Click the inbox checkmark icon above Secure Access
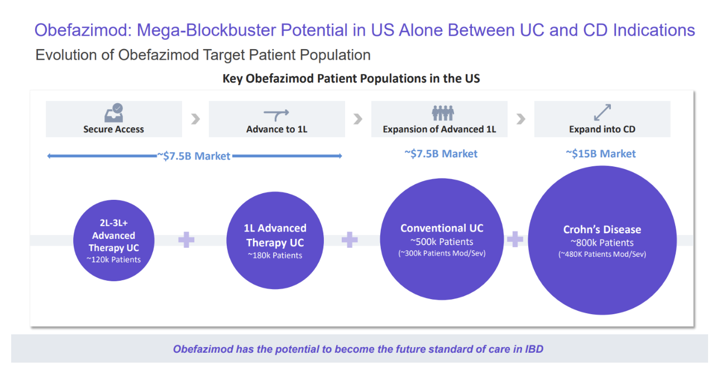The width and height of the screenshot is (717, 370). [114, 113]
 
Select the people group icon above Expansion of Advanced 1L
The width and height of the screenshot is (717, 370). [443, 113]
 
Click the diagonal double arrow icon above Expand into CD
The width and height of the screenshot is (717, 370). [602, 112]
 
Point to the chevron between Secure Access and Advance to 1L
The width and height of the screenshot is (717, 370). [195, 119]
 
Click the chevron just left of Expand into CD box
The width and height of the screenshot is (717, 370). [521, 119]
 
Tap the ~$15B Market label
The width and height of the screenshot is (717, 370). [600, 154]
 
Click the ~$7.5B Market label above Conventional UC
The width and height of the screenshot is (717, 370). [441, 154]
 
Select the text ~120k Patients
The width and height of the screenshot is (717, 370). [113, 260]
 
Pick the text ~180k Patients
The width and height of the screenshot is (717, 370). [275, 255]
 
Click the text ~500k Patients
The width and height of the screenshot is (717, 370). [442, 242]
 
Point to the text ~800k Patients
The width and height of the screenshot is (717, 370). [602, 242]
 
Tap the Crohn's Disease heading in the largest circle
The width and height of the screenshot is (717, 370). [602, 229]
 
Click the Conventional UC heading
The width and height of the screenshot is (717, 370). [442, 228]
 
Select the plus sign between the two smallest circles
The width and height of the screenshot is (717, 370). [187, 239]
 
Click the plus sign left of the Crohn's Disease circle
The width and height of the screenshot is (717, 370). [515, 239]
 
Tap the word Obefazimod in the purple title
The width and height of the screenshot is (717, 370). [83, 30]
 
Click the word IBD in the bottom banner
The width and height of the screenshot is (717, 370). [534, 349]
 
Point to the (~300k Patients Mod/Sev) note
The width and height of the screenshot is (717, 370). [442, 253]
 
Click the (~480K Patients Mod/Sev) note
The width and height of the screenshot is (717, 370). [602, 254]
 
